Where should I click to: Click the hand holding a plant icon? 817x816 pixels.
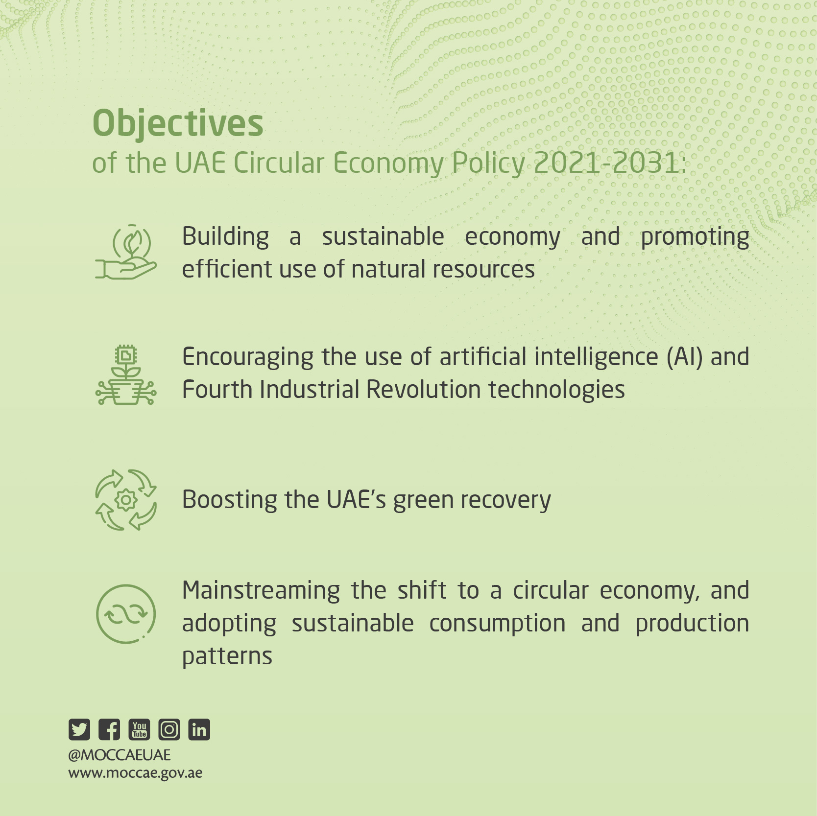tap(126, 252)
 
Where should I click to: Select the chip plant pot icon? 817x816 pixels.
tap(126, 375)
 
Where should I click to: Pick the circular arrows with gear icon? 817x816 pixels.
tap(126, 500)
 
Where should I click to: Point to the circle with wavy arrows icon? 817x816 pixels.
tap(126, 614)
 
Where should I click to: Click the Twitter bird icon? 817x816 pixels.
tap(79, 729)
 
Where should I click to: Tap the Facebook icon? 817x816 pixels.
tap(109, 729)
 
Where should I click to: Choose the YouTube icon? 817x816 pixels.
tap(139, 729)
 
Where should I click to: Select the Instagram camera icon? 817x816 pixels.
tap(169, 729)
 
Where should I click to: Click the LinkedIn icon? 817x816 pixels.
tap(199, 729)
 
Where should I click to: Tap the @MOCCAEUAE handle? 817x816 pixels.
tap(120, 755)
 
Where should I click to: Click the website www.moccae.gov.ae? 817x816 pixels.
tap(135, 773)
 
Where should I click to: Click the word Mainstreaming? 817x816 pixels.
tap(261, 591)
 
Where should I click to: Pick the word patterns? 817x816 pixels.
tap(227, 657)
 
